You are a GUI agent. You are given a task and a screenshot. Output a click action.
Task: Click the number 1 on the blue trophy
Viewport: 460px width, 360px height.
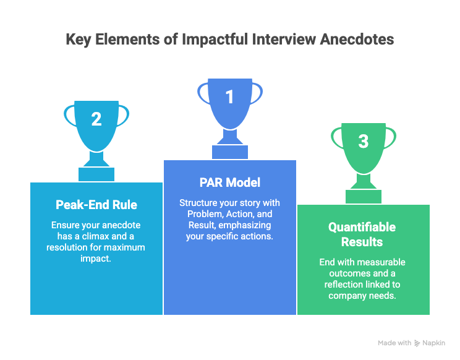230,97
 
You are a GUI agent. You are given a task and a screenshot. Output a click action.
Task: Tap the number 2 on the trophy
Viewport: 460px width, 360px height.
96,119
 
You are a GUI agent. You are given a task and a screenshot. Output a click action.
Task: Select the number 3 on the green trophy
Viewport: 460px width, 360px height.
364,142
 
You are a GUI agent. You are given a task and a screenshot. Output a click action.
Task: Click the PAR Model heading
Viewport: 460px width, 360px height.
230,182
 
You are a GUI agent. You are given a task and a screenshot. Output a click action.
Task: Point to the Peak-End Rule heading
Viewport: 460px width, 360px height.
96,205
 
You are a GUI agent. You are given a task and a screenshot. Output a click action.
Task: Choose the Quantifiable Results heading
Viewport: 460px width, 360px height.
362,234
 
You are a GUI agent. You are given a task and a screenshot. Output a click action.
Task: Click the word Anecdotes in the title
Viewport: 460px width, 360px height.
357,40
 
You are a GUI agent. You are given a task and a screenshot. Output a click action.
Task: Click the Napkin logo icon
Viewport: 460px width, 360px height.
417,343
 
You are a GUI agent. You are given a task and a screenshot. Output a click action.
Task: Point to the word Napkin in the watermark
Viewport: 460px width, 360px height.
433,343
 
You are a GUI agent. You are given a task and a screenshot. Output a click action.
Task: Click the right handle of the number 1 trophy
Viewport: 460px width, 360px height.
257,93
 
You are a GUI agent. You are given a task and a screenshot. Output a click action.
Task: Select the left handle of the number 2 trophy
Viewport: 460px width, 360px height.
70,116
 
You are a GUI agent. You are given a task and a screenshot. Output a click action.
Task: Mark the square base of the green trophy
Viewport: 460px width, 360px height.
364,197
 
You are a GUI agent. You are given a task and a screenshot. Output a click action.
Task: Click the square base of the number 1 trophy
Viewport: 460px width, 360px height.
230,152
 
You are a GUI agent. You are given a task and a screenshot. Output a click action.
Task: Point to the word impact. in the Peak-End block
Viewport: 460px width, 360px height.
96,259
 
